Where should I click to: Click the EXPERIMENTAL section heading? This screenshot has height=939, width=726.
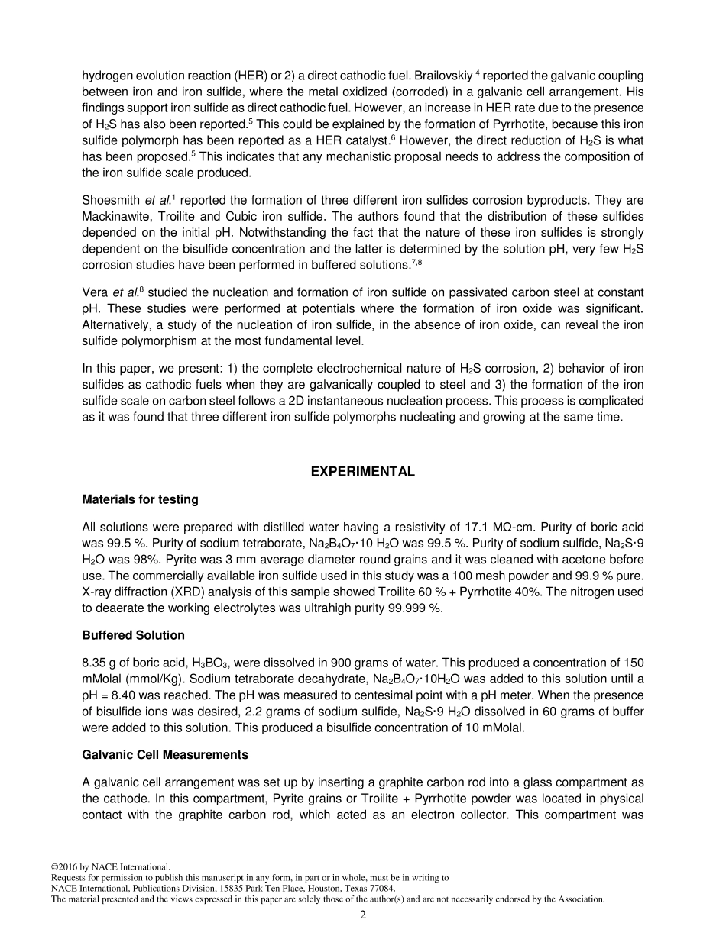point(362,472)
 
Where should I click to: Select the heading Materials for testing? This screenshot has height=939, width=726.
point(140,499)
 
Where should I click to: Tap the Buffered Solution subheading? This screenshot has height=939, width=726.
point(133,635)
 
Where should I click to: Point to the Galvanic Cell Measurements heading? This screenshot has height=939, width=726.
point(165,754)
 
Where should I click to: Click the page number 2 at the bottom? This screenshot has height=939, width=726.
point(363,915)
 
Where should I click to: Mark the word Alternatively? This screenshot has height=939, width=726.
point(114,324)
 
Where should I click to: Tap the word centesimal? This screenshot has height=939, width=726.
point(355,695)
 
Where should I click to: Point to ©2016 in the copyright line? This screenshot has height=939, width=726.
point(64,867)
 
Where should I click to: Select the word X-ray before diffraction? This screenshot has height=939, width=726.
point(97,592)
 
